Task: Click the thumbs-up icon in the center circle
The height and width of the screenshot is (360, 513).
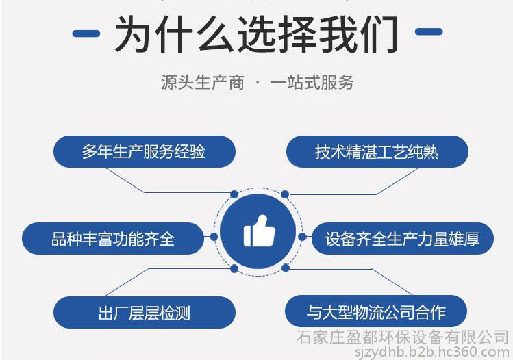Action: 259,231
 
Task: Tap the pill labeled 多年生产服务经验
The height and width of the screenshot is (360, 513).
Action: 145,152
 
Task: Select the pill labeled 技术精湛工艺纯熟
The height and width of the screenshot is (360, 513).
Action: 377,152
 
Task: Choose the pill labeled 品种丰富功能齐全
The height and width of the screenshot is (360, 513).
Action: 113,238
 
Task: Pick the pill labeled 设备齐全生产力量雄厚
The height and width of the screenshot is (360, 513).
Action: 403,238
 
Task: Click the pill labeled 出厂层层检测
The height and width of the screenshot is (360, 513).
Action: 145,312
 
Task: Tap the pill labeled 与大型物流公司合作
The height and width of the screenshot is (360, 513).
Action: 376,311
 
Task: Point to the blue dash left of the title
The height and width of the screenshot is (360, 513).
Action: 86,34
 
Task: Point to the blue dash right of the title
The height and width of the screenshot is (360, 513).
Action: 429,31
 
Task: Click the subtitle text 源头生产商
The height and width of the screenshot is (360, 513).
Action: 203,82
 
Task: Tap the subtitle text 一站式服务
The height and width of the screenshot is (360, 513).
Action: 312,82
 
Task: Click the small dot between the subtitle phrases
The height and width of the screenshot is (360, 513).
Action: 258,82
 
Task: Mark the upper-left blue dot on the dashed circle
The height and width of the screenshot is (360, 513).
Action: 234,194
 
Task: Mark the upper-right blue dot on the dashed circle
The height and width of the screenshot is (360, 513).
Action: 285,194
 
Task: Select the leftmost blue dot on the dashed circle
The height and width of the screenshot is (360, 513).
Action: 214,237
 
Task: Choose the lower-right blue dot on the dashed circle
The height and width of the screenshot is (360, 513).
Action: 286,268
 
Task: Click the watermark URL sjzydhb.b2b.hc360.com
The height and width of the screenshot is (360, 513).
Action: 432,352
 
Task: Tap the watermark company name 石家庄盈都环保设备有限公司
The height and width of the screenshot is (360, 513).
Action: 403,337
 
